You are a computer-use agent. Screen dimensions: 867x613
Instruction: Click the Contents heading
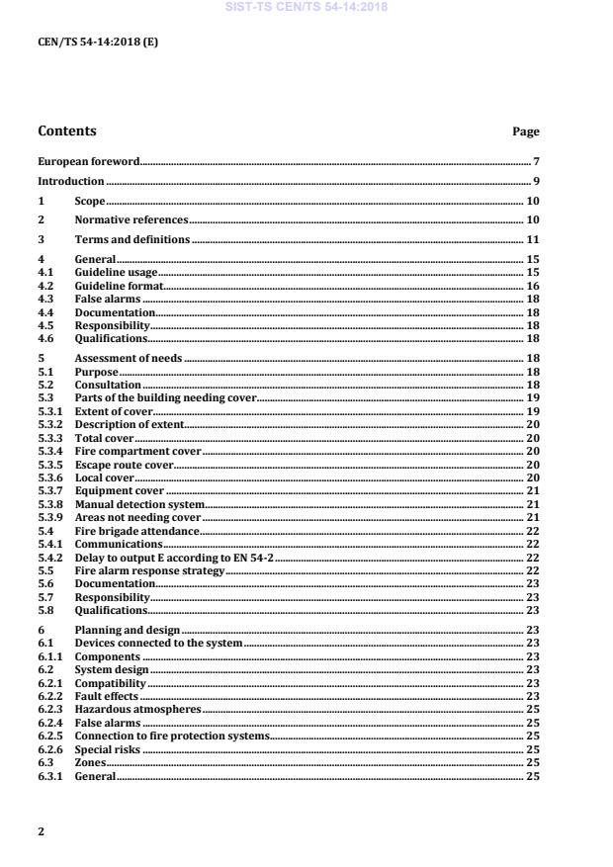pyautogui.click(x=67, y=130)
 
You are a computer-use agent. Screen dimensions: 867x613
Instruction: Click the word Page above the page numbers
pyautogui.click(x=525, y=131)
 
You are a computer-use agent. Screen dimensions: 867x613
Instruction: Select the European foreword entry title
pyautogui.click(x=88, y=160)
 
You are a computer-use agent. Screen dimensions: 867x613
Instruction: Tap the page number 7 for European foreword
pyautogui.click(x=535, y=160)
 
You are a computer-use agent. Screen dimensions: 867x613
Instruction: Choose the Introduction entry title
pyautogui.click(x=70, y=181)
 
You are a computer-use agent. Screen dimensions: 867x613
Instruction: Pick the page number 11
pyautogui.click(x=532, y=239)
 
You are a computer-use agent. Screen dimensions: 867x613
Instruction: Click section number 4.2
pyautogui.click(x=44, y=285)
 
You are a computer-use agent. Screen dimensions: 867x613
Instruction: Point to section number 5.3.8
pyautogui.click(x=49, y=503)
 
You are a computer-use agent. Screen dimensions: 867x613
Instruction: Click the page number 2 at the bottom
pyautogui.click(x=42, y=831)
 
